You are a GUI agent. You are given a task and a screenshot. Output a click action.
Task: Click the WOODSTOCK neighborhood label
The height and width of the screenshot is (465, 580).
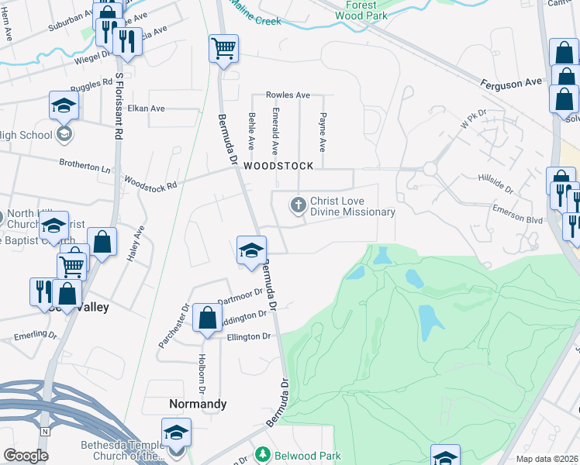(278, 166)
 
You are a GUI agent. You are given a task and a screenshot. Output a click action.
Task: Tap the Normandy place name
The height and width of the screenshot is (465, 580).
(198, 404)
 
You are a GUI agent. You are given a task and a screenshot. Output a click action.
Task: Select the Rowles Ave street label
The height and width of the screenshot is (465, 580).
(288, 95)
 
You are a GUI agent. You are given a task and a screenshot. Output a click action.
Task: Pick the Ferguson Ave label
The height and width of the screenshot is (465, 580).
(511, 81)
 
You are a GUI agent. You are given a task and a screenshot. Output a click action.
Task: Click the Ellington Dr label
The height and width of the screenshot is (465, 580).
(248, 336)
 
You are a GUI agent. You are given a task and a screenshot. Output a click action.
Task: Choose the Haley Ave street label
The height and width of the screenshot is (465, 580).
(139, 243)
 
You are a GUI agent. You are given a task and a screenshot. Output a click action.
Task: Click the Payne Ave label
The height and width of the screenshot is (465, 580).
(323, 133)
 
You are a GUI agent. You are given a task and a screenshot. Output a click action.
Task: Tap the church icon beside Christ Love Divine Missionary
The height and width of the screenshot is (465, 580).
(297, 205)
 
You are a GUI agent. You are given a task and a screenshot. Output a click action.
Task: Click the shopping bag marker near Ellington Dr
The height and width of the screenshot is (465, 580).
(207, 318)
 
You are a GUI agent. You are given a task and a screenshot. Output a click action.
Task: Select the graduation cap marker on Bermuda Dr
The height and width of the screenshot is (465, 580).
(251, 250)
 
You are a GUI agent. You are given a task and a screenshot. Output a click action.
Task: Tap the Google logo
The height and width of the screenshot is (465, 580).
(26, 456)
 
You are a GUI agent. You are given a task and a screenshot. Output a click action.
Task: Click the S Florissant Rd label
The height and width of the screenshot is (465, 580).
(119, 105)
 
